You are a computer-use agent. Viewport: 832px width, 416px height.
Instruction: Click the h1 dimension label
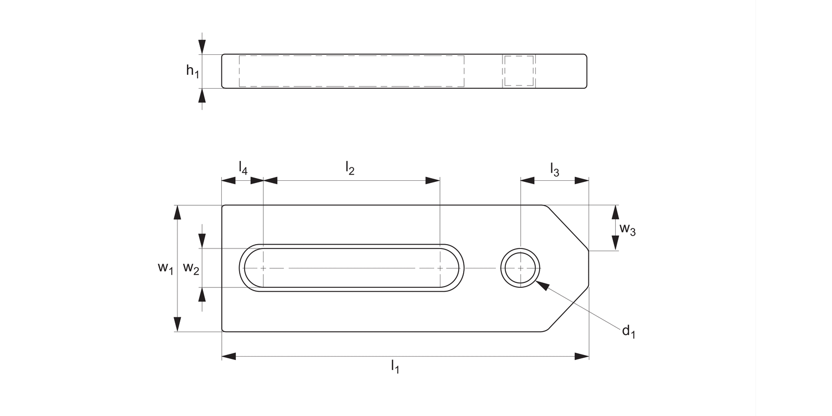pyautogui.click(x=193, y=70)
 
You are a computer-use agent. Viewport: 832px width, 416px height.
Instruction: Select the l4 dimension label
pyautogui.click(x=243, y=168)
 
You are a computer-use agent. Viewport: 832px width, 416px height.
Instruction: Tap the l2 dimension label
pyautogui.click(x=350, y=168)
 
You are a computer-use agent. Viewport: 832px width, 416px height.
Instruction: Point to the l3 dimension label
pyautogui.click(x=555, y=169)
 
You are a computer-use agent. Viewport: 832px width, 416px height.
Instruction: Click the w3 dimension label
pyautogui.click(x=627, y=229)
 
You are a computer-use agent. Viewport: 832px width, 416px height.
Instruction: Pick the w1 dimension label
pyautogui.click(x=165, y=267)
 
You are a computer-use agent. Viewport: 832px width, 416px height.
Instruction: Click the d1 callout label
pyautogui.click(x=628, y=331)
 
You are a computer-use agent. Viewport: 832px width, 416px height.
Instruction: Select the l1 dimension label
pyautogui.click(x=395, y=366)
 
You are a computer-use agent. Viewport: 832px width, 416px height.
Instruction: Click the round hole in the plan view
pyautogui.click(x=520, y=268)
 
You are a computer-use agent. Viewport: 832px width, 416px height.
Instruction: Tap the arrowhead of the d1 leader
pyautogui.click(x=541, y=285)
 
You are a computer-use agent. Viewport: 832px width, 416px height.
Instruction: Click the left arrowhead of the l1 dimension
pyautogui.click(x=229, y=357)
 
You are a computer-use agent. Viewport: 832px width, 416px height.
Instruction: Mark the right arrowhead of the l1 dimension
pyautogui.click(x=582, y=357)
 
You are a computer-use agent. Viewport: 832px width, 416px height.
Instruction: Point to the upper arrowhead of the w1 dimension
pyautogui.click(x=177, y=212)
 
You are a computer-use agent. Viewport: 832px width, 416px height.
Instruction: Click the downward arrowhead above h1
pyautogui.click(x=202, y=47)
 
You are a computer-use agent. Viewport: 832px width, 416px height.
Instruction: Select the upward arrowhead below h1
pyautogui.click(x=202, y=95)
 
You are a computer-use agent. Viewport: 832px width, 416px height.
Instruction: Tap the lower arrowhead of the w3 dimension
pyautogui.click(x=616, y=243)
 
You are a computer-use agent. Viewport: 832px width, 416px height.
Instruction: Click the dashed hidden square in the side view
pyautogui.click(x=519, y=71)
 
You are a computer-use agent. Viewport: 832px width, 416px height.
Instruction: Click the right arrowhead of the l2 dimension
pyautogui.click(x=433, y=180)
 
